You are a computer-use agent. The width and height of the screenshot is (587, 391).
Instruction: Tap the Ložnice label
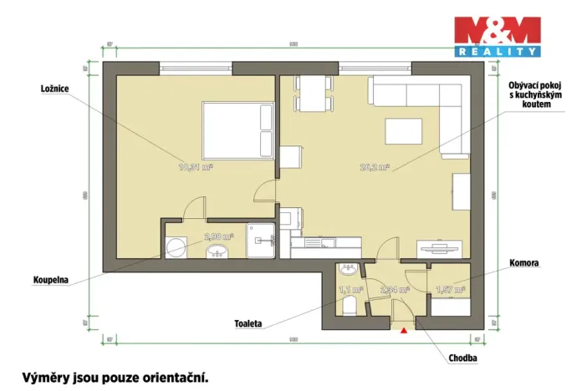point(54,88)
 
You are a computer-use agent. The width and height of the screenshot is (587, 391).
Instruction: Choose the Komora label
point(523,262)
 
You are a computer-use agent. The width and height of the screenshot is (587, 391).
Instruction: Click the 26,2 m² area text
point(373,166)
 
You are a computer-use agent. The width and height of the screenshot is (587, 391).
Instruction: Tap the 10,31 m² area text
point(196,166)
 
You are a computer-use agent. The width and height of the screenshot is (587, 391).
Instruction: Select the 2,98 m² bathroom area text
point(219,236)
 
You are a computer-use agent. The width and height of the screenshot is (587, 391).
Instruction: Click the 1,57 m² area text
point(451,290)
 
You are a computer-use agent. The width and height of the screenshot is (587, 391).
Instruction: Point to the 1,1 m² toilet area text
point(348,290)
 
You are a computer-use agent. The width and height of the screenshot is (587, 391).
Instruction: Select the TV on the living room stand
point(438,246)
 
